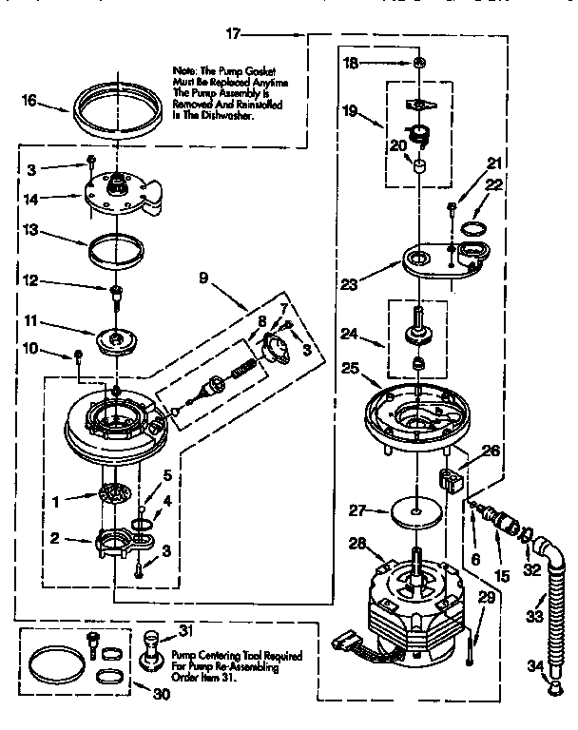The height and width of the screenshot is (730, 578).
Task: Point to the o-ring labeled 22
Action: (x=472, y=228)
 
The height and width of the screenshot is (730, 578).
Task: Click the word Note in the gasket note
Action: (x=183, y=70)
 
